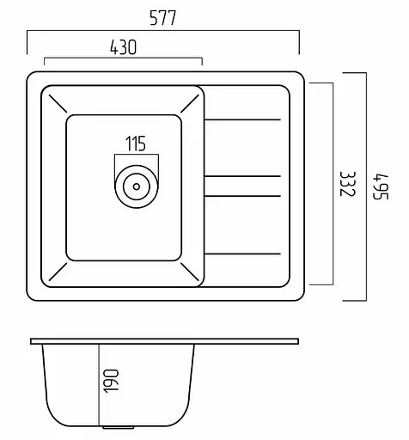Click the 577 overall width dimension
coord(162,18)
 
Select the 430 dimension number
coord(124,47)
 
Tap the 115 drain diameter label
coord(136,144)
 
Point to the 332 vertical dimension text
coord(348,184)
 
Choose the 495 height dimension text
coord(381,186)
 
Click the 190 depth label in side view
coord(111,381)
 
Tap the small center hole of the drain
coord(137,186)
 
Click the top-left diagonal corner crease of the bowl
coord(58,103)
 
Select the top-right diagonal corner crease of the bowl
coord(190,103)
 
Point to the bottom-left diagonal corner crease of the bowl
coord(58,272)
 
